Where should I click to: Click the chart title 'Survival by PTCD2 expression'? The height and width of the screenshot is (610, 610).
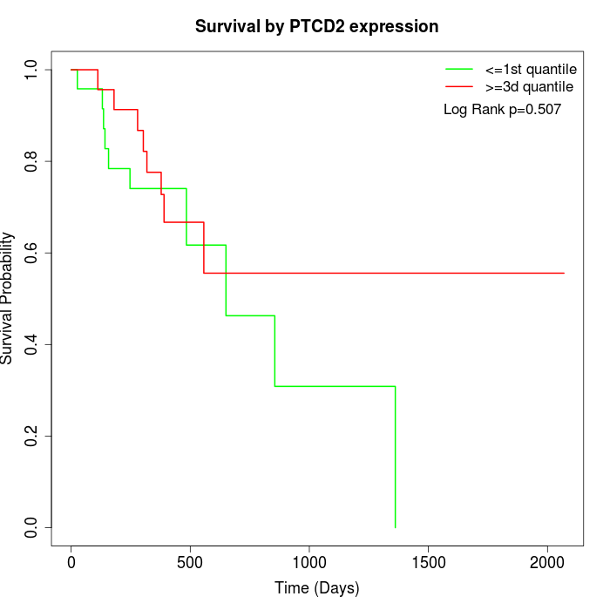point(316,26)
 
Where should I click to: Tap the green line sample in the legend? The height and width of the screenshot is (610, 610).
point(458,69)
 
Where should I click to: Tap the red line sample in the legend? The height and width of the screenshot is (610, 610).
point(458,87)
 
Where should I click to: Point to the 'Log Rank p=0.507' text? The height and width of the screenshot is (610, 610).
point(502,110)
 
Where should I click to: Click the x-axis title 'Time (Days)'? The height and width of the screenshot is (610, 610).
point(316,588)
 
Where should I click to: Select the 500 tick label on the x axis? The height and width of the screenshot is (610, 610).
point(190,562)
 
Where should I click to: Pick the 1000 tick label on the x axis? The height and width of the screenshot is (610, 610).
point(309,562)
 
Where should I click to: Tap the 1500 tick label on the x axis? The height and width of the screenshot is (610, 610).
point(429,562)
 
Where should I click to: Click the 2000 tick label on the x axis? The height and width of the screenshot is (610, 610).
point(547,562)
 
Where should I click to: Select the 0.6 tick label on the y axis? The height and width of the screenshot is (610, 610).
point(32,253)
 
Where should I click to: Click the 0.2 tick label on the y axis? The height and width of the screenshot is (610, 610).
point(32,436)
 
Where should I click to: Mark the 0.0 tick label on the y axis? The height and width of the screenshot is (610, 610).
point(32,527)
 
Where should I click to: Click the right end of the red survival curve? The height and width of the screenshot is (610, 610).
point(564,273)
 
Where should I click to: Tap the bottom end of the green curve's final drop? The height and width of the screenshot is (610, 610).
point(396,527)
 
